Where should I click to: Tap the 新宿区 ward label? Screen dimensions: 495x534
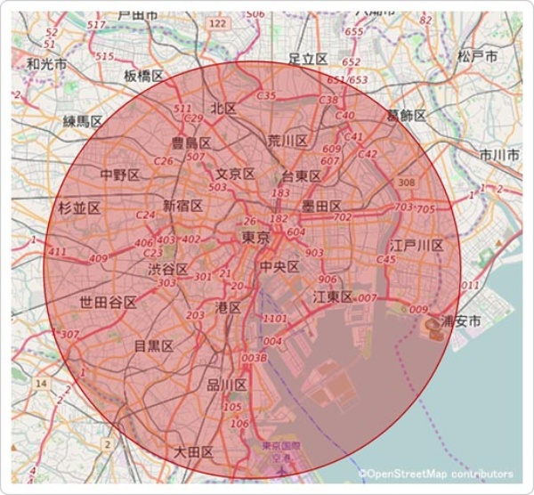183,206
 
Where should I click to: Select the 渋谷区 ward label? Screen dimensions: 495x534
168,269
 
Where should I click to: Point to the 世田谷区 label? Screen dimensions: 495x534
108,302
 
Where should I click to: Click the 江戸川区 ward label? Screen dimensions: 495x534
416,245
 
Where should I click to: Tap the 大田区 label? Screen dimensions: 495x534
194,452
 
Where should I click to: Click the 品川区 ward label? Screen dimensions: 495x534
226,385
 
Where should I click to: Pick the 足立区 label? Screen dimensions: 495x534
309,59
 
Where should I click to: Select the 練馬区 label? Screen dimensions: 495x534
83,120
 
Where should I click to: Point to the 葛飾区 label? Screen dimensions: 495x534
406,116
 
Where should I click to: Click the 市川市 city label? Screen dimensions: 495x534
499,155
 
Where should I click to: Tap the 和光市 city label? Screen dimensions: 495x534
46,64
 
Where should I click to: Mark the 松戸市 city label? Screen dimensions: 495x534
477,55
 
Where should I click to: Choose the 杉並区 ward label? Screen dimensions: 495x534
79,208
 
